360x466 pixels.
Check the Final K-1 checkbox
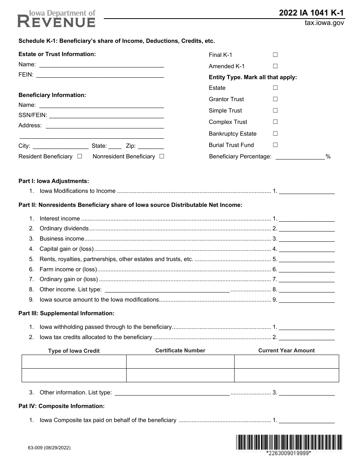[275, 55]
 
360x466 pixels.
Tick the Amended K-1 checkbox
[275, 66]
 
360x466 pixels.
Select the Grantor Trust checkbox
[275, 99]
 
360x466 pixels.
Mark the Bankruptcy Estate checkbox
[275, 134]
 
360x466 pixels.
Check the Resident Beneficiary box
[80, 156]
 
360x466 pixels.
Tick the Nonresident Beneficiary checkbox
[162, 156]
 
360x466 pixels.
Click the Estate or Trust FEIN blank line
[100, 75]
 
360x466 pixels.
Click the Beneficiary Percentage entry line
[300, 157]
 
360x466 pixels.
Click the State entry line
[115, 146]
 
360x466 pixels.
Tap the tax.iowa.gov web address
[324, 23]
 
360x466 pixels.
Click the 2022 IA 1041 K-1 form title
[311, 13]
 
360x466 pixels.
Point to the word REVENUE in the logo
[56, 22]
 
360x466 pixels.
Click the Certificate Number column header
[180, 351]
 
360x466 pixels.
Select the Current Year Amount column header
[286, 351]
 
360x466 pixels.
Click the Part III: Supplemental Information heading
[66, 313]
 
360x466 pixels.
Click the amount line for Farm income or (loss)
[307, 270]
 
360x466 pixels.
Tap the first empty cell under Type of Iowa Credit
[74, 362]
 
